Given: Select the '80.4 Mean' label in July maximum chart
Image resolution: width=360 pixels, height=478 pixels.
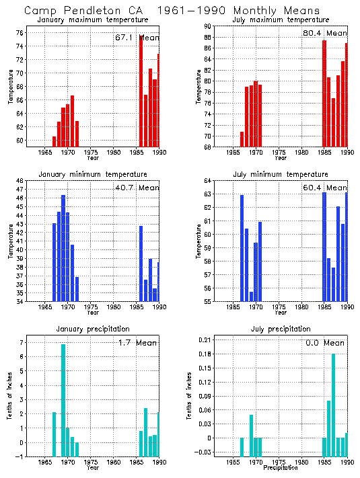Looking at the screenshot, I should coord(324,33).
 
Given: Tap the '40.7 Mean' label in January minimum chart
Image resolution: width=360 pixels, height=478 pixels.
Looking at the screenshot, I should coord(137,188).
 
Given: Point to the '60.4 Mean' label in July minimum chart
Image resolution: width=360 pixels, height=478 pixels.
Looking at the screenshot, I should coord(324,188).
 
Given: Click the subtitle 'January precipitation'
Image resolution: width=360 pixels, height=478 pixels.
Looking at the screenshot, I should coord(93,329).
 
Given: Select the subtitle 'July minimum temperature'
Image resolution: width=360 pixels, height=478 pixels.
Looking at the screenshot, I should coord(281,173).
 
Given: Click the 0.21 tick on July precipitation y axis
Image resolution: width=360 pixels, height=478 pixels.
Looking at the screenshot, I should coord(206,340).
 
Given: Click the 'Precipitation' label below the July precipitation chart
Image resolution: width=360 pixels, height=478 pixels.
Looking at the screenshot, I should coord(281,467).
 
